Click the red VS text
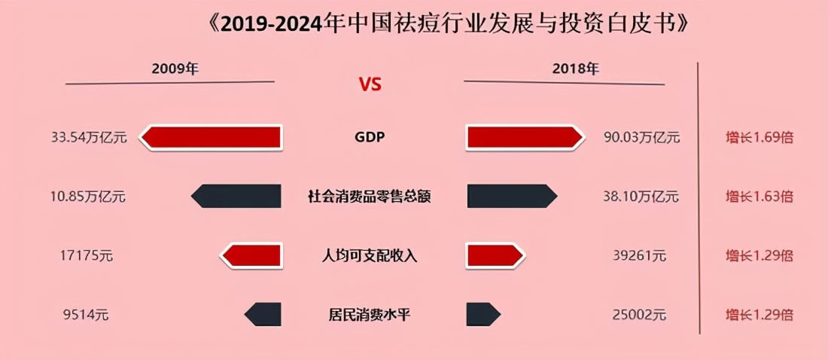coord(370,84)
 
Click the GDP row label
coord(370,137)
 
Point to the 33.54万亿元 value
coord(90,138)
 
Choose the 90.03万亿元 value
coord(642,138)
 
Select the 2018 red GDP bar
coord(525,137)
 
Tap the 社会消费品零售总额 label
coord(370,197)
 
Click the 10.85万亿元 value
coord(89,197)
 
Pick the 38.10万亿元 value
coord(641,197)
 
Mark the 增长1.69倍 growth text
coord(760,138)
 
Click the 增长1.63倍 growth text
coord(760,197)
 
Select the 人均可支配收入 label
coord(370,256)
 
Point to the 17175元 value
coord(87,256)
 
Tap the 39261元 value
coord(640,256)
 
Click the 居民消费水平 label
coord(370,316)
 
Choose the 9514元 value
coord(86,316)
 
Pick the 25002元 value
coord(640,316)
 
